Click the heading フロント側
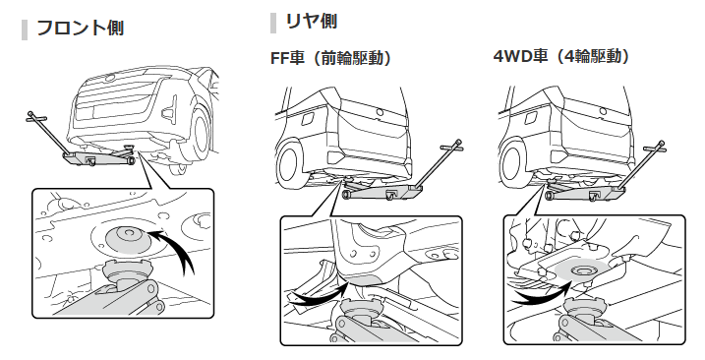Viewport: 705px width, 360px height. (x=80, y=28)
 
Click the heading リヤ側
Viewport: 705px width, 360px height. (x=311, y=22)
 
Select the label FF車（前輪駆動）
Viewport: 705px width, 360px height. (x=331, y=58)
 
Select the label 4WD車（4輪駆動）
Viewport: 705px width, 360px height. (x=562, y=56)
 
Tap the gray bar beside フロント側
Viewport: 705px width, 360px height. (x=25, y=30)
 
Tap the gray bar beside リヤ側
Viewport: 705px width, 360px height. (x=273, y=24)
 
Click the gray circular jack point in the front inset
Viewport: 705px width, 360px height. (x=127, y=240)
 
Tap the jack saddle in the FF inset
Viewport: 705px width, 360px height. (x=358, y=307)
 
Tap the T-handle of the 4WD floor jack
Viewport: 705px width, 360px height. (x=656, y=147)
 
